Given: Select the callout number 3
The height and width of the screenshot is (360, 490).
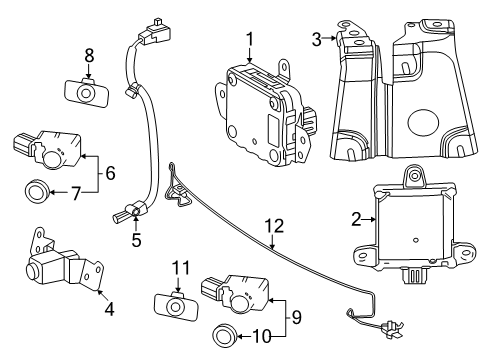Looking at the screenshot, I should pyautogui.click(x=317, y=40).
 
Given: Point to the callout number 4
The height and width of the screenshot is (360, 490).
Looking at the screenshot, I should pyautogui.click(x=109, y=309).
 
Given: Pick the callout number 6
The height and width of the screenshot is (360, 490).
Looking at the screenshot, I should pyautogui.click(x=110, y=172).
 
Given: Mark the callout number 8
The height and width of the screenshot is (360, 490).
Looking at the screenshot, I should pyautogui.click(x=88, y=56).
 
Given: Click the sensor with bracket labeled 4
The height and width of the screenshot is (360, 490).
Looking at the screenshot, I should pyautogui.click(x=55, y=266).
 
